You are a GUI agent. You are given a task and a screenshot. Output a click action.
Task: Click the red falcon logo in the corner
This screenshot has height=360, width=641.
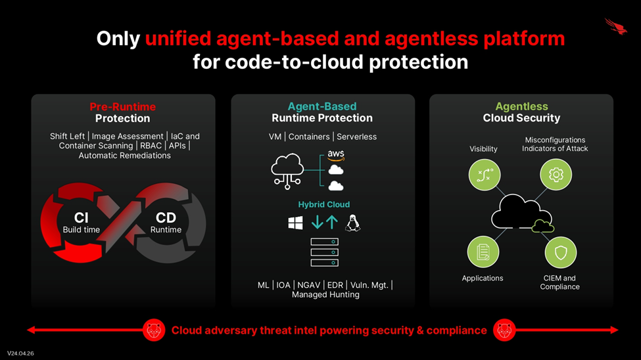616,26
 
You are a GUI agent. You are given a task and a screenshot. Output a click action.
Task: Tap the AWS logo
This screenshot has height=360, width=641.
336,155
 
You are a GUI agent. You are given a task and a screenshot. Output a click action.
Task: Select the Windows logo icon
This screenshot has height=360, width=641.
296,223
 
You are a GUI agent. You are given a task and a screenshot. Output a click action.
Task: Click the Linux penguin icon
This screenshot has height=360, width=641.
352,223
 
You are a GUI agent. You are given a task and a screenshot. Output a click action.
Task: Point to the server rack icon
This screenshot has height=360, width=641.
325,252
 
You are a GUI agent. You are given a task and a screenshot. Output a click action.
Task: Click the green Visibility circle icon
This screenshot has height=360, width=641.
485,175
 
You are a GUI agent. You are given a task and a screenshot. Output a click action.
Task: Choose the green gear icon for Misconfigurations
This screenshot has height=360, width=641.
556,175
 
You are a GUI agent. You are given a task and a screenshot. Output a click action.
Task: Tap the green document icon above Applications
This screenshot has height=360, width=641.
483,252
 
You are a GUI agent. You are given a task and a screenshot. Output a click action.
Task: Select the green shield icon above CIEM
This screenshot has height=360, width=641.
561,252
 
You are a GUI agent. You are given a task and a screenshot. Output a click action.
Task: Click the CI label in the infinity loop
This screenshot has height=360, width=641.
81,217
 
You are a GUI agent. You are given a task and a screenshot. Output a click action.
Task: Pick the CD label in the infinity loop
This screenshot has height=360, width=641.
166,217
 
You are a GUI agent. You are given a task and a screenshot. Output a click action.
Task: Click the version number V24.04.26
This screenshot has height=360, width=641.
20,353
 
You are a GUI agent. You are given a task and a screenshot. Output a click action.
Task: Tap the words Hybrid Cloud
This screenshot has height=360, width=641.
323,204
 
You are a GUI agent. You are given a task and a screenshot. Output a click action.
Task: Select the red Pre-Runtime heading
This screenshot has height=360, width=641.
123,106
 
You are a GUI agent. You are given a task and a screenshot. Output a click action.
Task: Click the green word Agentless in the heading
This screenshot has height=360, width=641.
521,106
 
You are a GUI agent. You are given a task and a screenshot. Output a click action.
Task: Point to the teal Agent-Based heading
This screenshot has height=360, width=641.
322,106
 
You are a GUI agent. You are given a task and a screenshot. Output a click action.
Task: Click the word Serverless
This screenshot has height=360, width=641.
356,137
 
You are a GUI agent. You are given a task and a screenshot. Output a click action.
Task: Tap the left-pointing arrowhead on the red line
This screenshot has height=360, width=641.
31,330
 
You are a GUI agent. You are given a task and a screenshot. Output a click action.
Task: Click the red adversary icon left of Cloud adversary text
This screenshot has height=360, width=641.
154,330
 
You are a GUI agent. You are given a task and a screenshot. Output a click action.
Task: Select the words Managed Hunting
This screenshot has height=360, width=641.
325,294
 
